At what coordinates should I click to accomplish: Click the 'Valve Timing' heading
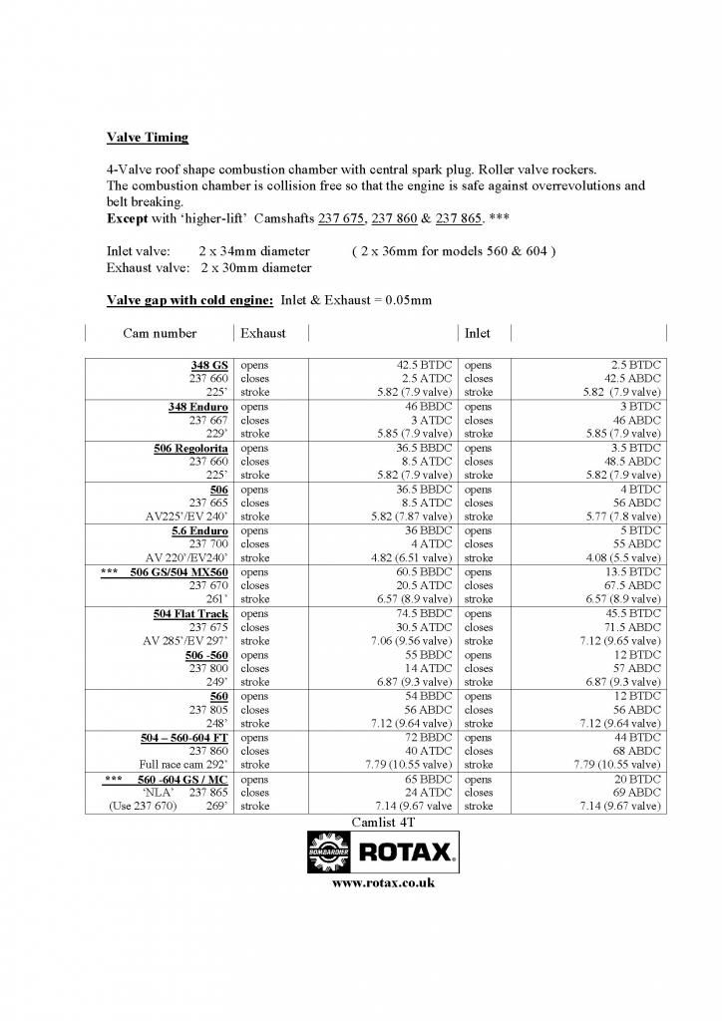(148, 138)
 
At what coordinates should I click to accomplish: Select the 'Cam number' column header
(160, 333)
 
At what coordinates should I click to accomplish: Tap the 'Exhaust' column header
(263, 333)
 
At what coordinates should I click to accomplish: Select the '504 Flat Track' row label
(190, 614)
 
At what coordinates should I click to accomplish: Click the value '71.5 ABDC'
(630, 628)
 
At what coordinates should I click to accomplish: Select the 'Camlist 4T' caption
(383, 823)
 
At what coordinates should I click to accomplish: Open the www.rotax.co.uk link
(383, 883)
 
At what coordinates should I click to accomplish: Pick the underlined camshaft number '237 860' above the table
(395, 218)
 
